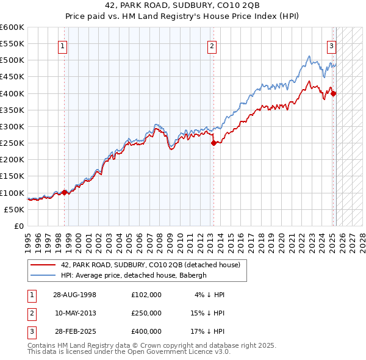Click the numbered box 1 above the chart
click(63, 45)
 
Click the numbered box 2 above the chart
click(212, 45)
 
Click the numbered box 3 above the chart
click(331, 45)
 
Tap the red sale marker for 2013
click(213, 143)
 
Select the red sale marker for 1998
click(65, 192)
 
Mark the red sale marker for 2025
click(334, 93)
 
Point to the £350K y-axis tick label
click(12, 110)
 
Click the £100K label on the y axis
click(12, 193)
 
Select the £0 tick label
click(18, 226)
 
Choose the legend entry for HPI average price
click(134, 275)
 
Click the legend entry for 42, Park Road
click(150, 265)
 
